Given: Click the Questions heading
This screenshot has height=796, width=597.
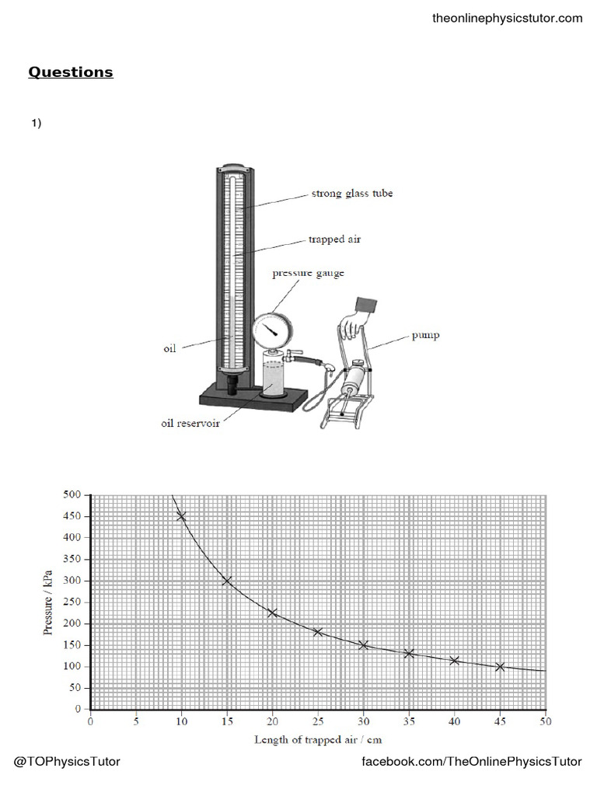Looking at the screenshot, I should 71,72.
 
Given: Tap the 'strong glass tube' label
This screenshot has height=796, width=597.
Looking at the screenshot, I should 352,194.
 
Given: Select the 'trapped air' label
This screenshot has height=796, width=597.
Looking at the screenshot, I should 334,239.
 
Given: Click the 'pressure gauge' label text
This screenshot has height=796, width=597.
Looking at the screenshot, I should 308,274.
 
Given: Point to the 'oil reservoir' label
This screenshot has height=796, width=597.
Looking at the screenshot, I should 190,424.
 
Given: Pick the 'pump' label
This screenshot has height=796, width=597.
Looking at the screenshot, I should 426,336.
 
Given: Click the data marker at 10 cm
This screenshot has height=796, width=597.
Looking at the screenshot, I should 181,516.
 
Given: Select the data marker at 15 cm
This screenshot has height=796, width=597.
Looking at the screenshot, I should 227,581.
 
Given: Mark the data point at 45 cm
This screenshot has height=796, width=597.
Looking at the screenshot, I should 500,666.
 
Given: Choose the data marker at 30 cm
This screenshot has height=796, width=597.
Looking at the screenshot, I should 363,645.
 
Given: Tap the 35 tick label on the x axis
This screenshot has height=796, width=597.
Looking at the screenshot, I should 409,721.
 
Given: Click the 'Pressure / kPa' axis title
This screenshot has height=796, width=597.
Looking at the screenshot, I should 49,602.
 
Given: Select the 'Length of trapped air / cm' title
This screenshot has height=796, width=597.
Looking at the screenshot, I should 318,739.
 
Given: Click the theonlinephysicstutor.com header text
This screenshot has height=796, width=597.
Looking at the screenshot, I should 507,18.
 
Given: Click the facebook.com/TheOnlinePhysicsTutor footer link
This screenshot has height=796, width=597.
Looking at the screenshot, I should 472,761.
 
